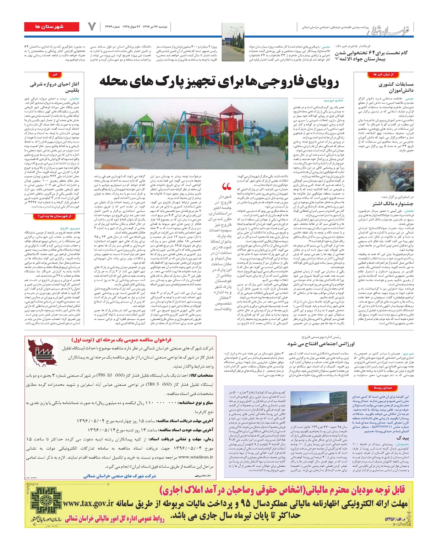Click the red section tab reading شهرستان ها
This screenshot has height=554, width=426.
pos(51,26)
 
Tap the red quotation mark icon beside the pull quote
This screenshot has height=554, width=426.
pos(226,187)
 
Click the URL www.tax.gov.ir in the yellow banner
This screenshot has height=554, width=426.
pos(89,503)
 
